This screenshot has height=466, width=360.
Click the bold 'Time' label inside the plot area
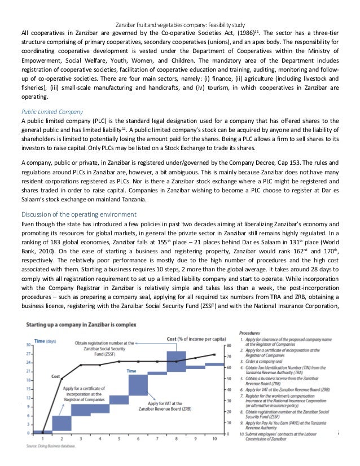[x=131, y=370]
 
